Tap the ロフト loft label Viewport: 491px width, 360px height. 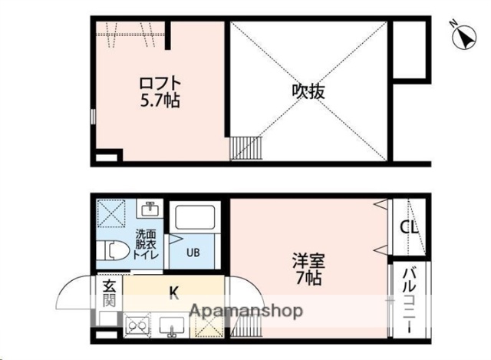click(159, 82)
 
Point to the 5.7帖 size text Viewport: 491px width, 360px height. click(159, 100)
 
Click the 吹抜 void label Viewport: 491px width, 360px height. click(308, 91)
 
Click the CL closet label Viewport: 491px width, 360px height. click(408, 227)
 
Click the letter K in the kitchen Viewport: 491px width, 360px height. click(173, 291)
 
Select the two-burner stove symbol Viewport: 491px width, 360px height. click(134, 327)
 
